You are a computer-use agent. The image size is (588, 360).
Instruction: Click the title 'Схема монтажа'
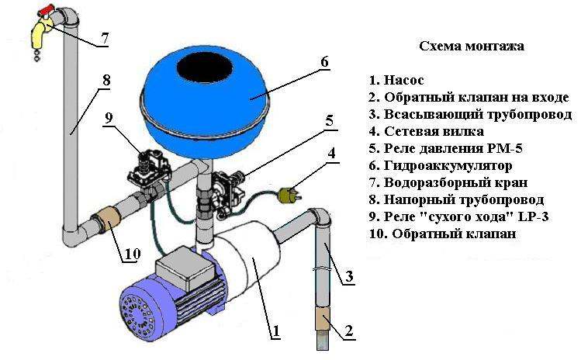click(472, 46)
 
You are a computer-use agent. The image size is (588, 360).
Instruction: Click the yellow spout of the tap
click(39, 33)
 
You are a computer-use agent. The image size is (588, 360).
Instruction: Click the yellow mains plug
click(288, 195)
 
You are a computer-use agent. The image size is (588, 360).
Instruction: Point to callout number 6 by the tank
click(324, 61)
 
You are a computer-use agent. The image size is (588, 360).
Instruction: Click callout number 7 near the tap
click(104, 38)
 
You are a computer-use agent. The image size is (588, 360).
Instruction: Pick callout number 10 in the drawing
click(132, 254)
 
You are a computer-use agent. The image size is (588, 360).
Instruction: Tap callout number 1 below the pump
click(275, 331)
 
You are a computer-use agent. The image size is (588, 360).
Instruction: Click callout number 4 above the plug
click(331, 154)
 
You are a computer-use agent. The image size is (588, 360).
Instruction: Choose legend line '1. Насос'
click(396, 80)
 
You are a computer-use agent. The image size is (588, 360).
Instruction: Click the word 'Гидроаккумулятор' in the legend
click(448, 166)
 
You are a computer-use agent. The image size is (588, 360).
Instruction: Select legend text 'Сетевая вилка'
click(434, 131)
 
